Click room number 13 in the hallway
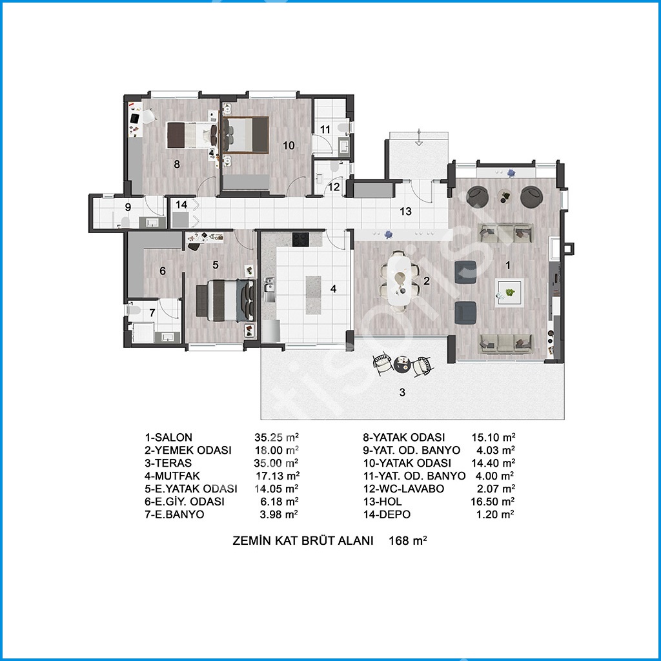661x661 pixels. pos(405,211)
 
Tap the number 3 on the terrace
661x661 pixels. pos(402,392)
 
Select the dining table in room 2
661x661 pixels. pos(399,279)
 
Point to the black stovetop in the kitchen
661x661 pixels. pos(301,240)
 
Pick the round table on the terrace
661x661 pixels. pos(402,363)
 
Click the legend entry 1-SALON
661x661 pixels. pos(168,438)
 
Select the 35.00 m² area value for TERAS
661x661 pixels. pos(276,463)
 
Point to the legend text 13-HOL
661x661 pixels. pos(382,502)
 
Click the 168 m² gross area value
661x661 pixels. pos(408,540)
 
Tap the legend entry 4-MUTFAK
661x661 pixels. pos(172,476)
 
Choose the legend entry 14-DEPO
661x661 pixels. pos(387,514)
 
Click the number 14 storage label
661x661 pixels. pos(181,205)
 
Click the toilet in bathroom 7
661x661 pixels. pos(134,310)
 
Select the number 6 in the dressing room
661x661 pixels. pos(163,271)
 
